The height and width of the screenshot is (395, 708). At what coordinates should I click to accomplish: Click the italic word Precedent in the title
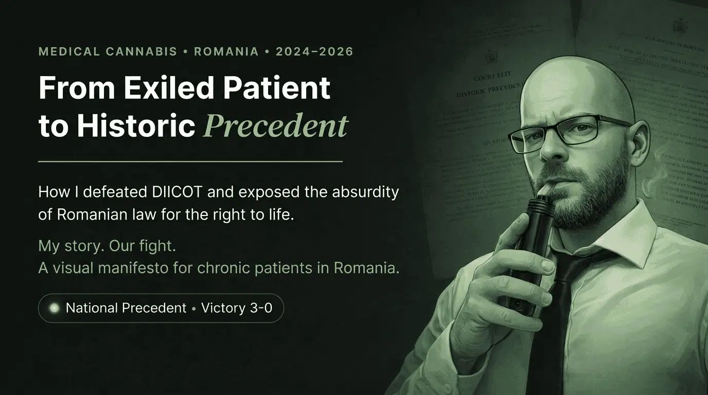pyautogui.click(x=276, y=125)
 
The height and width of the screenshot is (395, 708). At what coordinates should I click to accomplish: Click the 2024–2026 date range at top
pyautogui.click(x=314, y=51)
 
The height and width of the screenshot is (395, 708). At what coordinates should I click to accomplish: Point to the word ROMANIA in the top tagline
pyautogui.click(x=226, y=51)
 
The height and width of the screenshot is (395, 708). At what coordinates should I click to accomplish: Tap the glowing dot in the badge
pyautogui.click(x=54, y=309)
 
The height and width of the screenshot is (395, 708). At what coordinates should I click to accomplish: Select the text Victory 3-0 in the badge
pyautogui.click(x=237, y=309)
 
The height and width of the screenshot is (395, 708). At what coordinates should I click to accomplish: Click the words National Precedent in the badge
pyautogui.click(x=126, y=309)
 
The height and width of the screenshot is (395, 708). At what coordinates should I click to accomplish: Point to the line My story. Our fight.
pyautogui.click(x=107, y=246)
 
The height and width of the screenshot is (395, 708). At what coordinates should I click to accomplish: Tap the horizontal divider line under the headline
pyautogui.click(x=190, y=161)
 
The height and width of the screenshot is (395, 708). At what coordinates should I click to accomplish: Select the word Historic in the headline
pyautogui.click(x=136, y=125)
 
